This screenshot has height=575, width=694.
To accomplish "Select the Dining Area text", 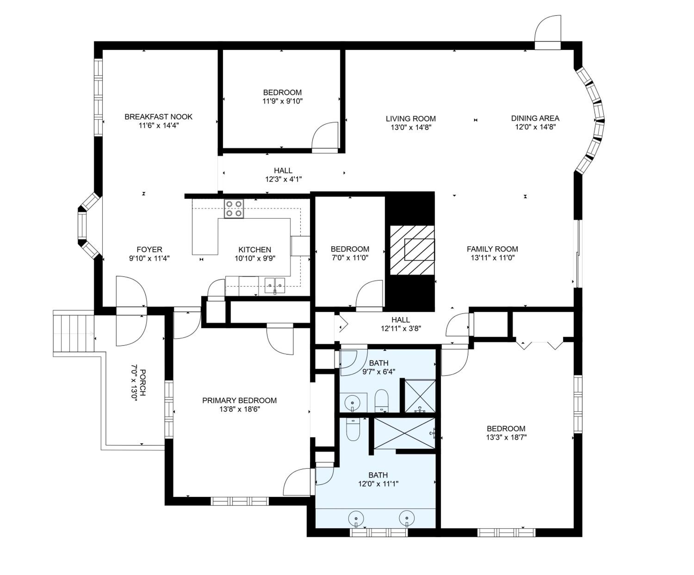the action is tap(535, 118).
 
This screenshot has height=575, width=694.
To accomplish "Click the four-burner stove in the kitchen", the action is tap(234, 209).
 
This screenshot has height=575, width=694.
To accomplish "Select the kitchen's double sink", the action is tap(275, 285).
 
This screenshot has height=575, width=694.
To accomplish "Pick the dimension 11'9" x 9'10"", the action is tap(282, 101).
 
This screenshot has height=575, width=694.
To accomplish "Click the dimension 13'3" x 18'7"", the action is tap(506, 437).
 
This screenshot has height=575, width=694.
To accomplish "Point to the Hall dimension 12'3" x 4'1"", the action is tap(283, 179).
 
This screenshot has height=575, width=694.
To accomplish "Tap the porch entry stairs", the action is tap(73, 333).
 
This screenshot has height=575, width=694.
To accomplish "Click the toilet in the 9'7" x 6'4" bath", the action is tap(381, 401).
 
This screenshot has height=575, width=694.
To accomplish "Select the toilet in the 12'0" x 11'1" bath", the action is tap(353, 429).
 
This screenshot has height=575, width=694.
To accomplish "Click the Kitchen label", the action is tap(254, 250).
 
